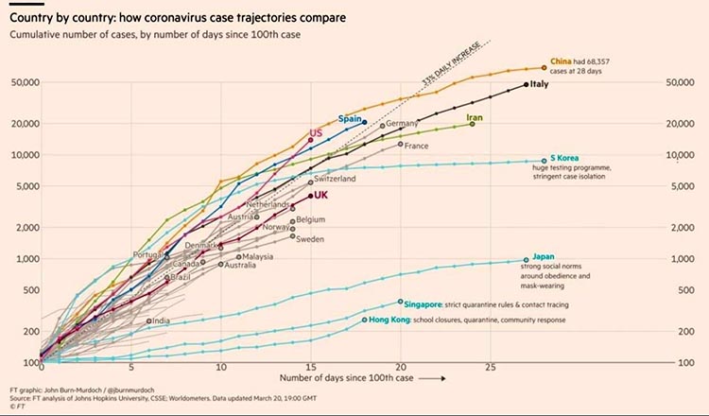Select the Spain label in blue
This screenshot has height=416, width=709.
pos(352,119)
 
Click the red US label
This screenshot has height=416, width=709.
pos(316,133)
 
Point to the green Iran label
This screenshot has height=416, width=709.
pos(476,118)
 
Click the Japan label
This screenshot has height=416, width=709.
pos(543,256)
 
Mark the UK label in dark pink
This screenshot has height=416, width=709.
pos(320,196)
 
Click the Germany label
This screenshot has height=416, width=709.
pos(402,124)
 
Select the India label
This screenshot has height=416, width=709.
pos(162,321)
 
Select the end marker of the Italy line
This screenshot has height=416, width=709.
pos(526,85)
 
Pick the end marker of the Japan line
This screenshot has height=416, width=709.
pos(526,260)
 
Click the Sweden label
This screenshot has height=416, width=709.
pos(310,239)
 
